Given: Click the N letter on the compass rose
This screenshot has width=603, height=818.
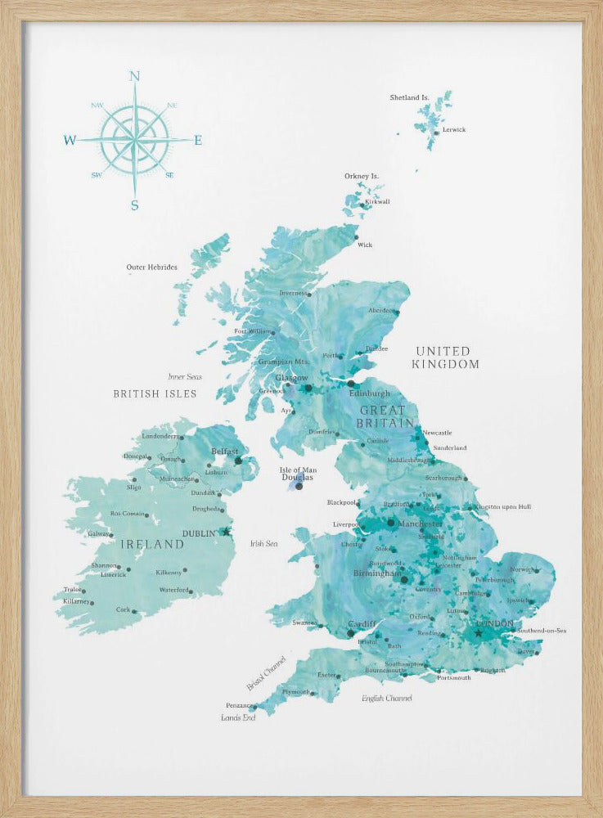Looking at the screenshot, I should pos(134,77).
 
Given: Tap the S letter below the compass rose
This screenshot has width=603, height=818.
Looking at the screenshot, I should pos(135,205).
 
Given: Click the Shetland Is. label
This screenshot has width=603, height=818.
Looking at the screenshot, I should pos(409,97).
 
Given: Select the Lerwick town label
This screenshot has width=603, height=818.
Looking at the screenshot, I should pos(453,129).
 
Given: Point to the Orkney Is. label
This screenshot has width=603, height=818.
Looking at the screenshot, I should pos(362,176).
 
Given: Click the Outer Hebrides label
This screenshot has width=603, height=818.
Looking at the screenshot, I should pos(151,267).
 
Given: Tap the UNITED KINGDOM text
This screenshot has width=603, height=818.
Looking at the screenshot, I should pos(446,357).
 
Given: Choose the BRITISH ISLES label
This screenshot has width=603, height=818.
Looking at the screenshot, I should pos(155,393).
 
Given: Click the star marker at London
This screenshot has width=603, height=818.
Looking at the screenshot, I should pos(479,632).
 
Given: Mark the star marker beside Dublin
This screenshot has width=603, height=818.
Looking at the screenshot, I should pos(227,532).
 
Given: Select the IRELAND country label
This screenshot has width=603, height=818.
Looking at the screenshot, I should pos(153,544).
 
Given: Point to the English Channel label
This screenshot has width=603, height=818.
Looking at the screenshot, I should pos(387,698).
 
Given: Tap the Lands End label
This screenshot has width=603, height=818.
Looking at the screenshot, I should pos(238,717).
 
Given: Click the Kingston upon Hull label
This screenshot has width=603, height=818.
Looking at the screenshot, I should pos(502,506).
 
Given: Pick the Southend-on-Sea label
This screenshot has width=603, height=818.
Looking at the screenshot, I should pos(542,631).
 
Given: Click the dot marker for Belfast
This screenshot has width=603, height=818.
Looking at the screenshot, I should pos(239,461).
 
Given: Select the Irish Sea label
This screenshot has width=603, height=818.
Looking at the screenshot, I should pos(263,543).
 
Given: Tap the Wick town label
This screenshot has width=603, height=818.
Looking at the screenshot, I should pos(365,245).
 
